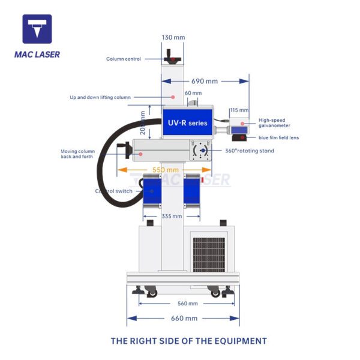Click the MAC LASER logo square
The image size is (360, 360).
click(x=37, y=29)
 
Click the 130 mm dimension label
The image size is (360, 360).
click(x=173, y=37)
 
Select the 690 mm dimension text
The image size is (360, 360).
click(x=205, y=81)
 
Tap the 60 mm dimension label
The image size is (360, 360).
click(x=193, y=93)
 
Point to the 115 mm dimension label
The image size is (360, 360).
click(x=239, y=110)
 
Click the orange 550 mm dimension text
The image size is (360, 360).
click(x=166, y=170)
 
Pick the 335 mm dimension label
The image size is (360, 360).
click(x=172, y=216)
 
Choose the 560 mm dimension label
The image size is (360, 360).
click(x=188, y=304)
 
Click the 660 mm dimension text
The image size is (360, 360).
click(x=184, y=319)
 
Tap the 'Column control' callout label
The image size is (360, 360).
click(x=124, y=59)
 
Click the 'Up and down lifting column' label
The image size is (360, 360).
click(x=100, y=97)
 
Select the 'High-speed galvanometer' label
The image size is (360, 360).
click(x=274, y=123)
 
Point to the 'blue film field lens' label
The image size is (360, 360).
click(x=279, y=138)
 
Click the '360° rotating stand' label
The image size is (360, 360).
click(x=250, y=151)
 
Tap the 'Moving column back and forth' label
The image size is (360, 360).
click(x=77, y=154)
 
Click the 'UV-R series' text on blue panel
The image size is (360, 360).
click(x=188, y=123)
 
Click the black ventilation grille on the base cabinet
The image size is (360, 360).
click(x=209, y=255)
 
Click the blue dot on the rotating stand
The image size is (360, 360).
click(x=203, y=151)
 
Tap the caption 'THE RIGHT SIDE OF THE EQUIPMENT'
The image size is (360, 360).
click(x=189, y=341)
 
